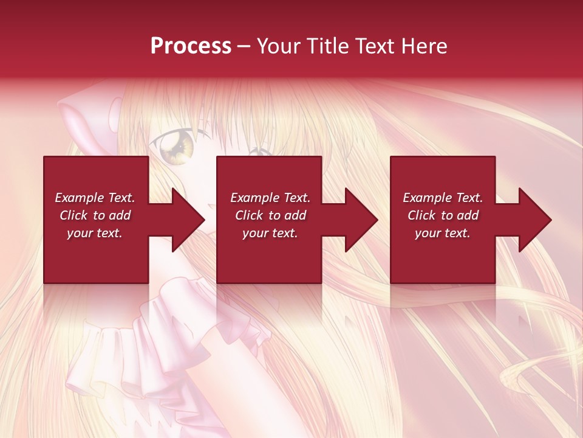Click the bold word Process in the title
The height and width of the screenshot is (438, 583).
[191, 46]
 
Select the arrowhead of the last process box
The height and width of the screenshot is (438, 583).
[534, 220]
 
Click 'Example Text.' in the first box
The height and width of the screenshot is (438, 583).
[95, 198]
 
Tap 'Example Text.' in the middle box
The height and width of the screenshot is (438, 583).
[270, 198]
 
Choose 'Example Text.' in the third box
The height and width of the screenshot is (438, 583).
[443, 198]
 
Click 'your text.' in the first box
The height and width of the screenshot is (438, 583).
[95, 233]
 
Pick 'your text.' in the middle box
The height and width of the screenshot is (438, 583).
[270, 233]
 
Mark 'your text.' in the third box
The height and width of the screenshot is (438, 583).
[443, 233]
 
